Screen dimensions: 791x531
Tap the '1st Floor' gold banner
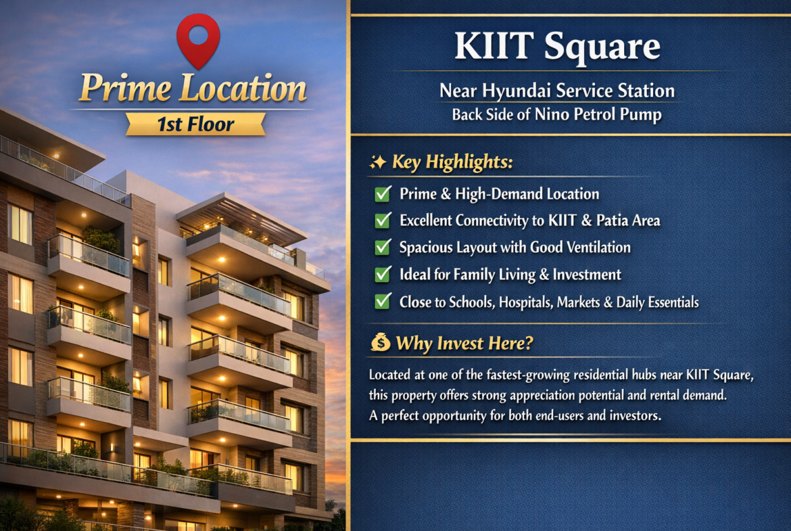[196, 124]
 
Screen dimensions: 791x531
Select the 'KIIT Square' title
[557, 47]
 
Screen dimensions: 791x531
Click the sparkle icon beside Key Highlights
[378, 162]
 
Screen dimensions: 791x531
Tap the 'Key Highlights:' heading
[452, 162]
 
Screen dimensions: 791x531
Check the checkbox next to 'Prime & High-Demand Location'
[383, 194]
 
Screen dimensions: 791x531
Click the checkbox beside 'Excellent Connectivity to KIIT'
[383, 221]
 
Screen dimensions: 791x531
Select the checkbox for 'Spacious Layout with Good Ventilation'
[383, 248]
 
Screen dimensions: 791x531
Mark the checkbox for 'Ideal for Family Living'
[383, 275]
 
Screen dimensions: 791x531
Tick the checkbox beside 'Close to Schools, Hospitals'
[383, 302]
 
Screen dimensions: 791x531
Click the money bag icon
[381, 343]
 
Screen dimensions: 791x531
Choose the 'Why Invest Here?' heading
[464, 344]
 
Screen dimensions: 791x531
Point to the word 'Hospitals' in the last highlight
[526, 302]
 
